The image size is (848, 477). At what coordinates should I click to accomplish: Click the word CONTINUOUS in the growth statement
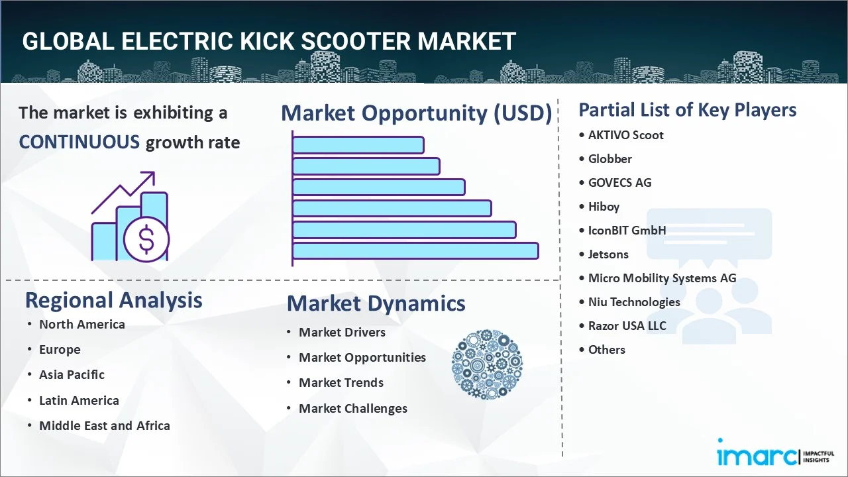79,142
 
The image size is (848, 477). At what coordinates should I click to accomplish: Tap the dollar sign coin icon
146,240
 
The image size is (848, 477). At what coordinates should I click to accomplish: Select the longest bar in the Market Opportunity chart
415,250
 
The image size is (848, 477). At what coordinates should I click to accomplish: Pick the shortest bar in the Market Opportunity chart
358,144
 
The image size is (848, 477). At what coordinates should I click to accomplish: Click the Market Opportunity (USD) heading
416,113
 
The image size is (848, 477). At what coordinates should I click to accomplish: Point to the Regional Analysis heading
113,300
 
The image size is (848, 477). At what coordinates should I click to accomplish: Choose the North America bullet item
81,324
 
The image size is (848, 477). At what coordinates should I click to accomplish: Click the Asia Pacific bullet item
72,374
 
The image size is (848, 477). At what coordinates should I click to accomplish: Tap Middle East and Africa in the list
104,425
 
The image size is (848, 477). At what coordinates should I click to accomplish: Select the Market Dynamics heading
376,303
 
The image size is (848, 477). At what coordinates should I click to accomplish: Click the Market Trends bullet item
341,382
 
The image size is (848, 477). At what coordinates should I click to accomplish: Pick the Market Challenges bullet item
352,408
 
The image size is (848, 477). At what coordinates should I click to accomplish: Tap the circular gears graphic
487,365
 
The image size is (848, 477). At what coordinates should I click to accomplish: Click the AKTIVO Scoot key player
625,135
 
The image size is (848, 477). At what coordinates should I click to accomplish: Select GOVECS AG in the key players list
619,182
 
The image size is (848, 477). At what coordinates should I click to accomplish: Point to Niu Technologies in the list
634,301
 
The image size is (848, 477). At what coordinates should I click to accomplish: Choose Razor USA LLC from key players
627,325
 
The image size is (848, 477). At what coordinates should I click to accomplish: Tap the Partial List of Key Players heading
687,109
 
